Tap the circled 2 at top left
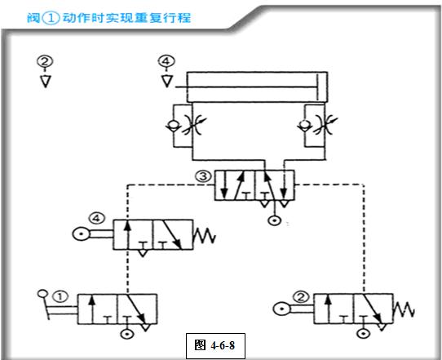coord(45,61)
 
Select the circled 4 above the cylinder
coord(166,61)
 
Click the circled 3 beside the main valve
coord(202,175)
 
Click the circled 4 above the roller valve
coord(98,218)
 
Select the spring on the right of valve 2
coord(404,310)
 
